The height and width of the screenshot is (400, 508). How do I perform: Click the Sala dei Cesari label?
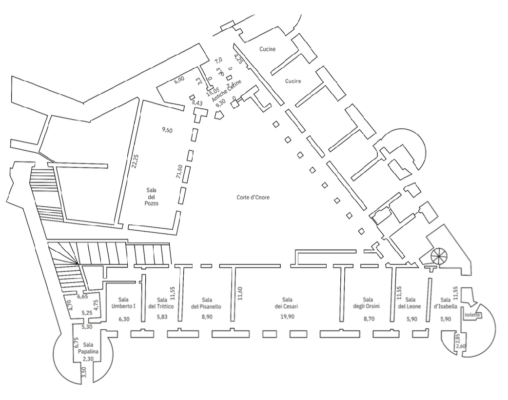tap(286, 303)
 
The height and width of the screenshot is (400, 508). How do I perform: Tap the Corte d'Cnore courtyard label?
tap(250, 198)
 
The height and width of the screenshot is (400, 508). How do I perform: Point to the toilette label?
tap(473, 315)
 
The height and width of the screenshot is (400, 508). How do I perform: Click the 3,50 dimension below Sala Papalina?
tap(84, 373)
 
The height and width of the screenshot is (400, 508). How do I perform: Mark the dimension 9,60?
tap(168, 130)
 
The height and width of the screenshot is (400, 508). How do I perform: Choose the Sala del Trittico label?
tap(161, 303)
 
